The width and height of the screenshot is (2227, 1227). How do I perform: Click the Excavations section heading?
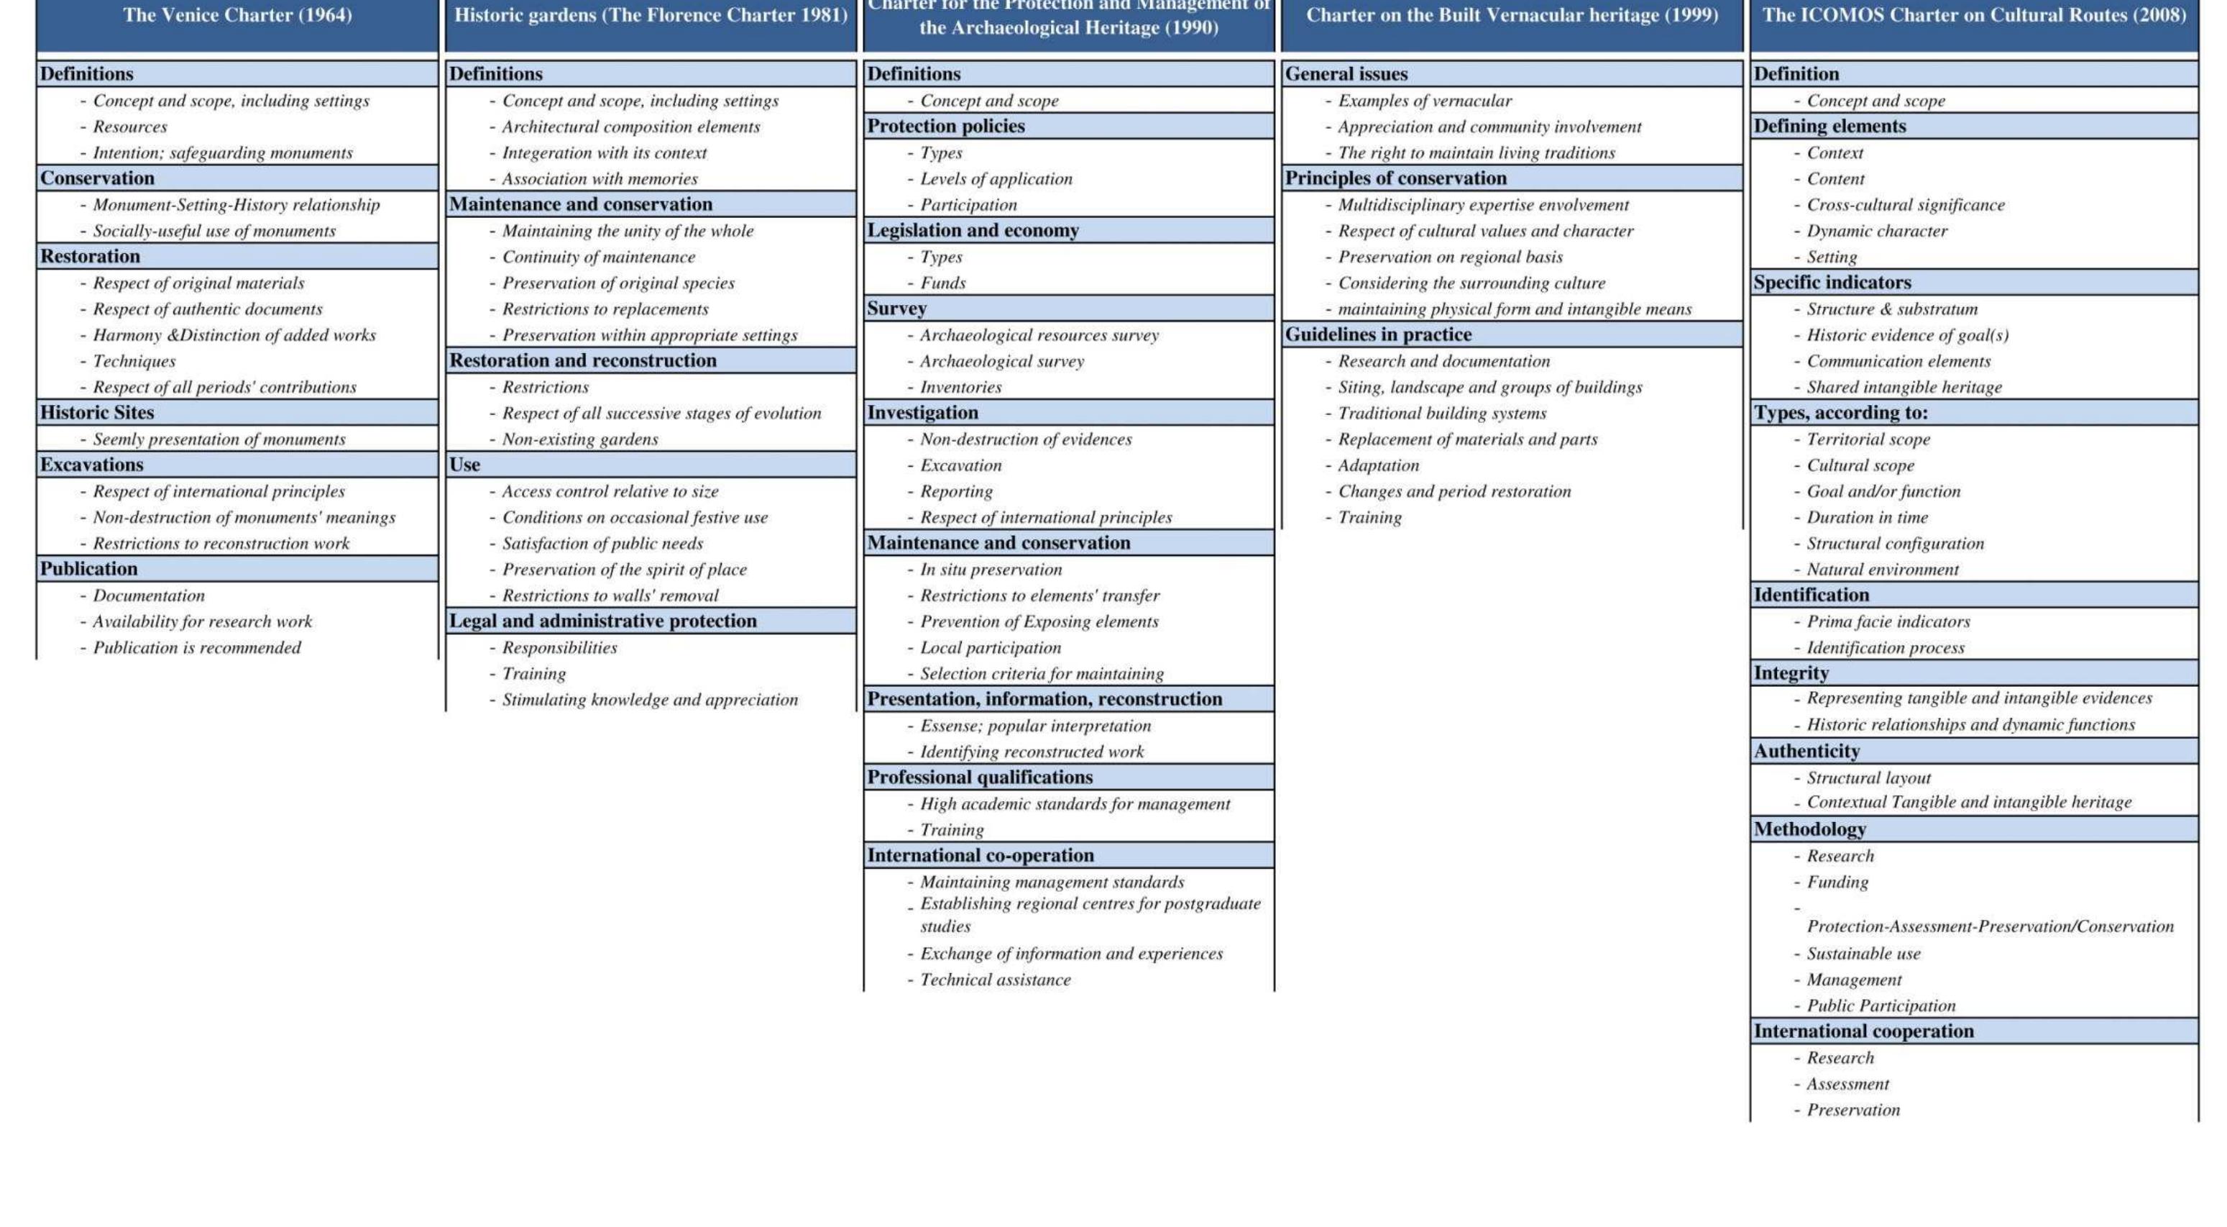click(x=91, y=465)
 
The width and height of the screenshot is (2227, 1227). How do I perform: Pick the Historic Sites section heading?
click(x=97, y=412)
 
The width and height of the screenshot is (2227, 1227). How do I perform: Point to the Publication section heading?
click(x=89, y=568)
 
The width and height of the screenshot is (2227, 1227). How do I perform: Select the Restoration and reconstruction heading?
click(x=583, y=360)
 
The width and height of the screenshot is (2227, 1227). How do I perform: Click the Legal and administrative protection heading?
click(x=602, y=621)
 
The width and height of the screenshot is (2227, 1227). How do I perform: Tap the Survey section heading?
click(x=896, y=309)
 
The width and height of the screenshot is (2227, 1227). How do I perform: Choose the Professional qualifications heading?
click(x=980, y=777)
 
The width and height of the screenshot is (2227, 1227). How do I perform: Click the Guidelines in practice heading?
click(x=1378, y=334)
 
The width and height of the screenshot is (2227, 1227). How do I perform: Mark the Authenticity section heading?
click(x=1806, y=752)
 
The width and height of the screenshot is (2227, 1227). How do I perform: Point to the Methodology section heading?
click(x=1809, y=829)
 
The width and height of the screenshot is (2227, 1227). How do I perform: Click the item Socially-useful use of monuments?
click(x=213, y=231)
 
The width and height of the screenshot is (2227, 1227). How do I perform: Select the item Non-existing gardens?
click(x=579, y=439)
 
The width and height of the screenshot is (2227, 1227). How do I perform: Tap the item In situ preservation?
click(x=991, y=569)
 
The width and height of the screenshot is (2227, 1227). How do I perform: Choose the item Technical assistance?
click(x=994, y=980)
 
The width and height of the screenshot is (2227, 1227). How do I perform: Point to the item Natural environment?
click(x=1882, y=569)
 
